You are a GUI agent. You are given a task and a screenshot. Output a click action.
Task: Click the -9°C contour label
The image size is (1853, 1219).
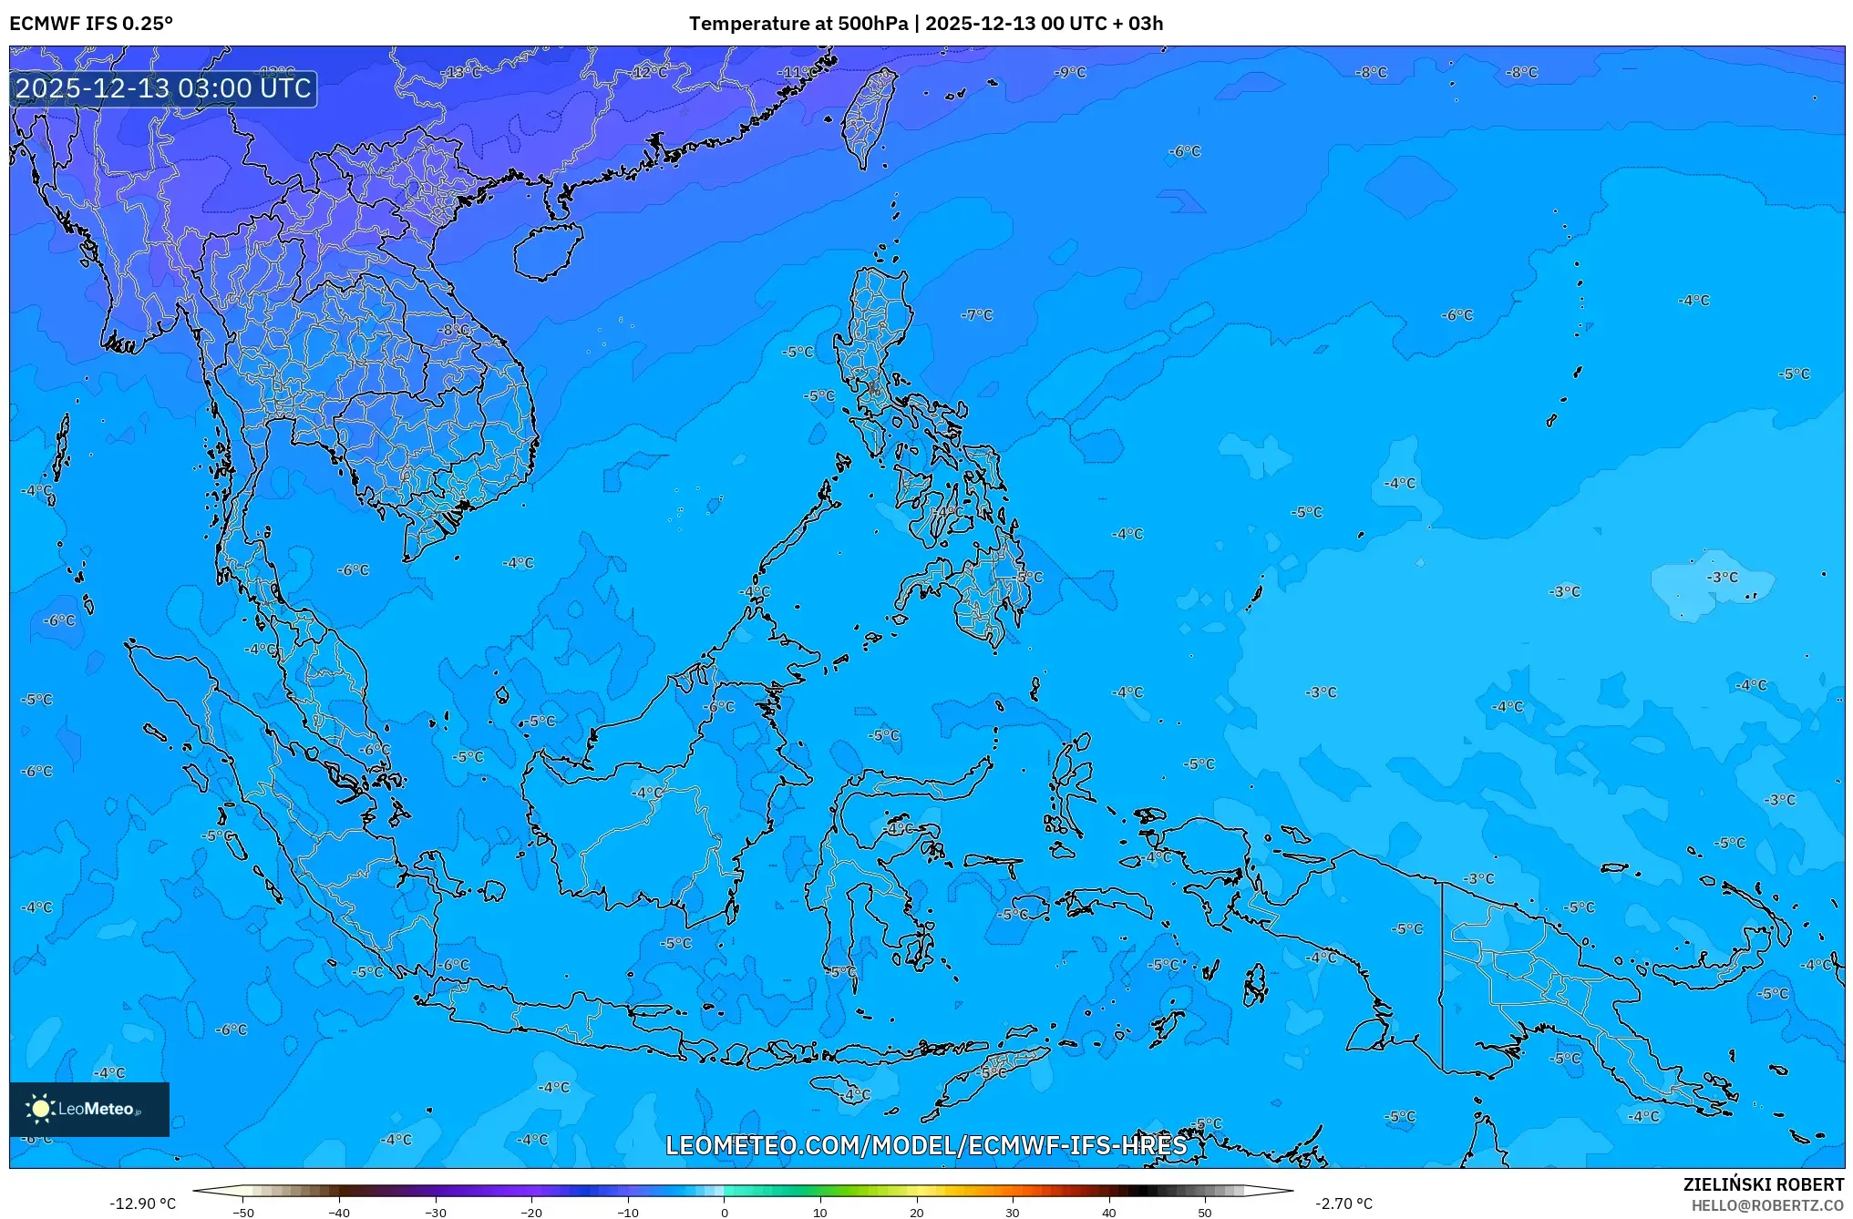1070,72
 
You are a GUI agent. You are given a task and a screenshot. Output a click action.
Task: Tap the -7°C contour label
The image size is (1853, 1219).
976,314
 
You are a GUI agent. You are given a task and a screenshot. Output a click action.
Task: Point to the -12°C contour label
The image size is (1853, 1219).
649,72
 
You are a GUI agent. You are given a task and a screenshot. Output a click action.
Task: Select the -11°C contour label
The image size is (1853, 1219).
796,72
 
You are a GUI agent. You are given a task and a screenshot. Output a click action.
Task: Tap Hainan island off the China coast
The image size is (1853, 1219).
547,251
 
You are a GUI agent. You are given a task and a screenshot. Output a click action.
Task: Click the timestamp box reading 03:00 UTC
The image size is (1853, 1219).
164,88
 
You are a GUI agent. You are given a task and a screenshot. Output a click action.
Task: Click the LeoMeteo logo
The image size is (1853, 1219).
89,1109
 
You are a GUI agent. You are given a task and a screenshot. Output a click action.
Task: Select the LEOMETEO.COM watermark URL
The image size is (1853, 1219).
926,1145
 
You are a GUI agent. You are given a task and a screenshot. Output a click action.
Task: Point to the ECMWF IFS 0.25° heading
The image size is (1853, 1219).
91,24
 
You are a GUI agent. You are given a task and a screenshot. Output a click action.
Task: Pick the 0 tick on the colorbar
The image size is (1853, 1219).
725,1212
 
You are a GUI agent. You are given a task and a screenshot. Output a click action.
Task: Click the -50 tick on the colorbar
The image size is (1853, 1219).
243,1212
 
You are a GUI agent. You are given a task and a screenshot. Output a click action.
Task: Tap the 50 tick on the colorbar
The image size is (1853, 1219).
1205,1212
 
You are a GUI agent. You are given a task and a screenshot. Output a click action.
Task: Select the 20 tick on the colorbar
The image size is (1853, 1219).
916,1212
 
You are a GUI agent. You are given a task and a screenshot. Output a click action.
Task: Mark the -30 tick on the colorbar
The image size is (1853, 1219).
436,1212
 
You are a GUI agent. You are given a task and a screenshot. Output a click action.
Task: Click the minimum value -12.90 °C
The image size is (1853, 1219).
143,1204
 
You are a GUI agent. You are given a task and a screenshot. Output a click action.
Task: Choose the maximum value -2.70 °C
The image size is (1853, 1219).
1343,1204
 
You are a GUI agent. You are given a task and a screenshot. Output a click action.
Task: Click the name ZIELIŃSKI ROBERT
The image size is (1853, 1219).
1763,1184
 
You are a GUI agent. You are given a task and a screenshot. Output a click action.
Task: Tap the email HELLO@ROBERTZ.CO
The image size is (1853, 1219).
1767,1205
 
